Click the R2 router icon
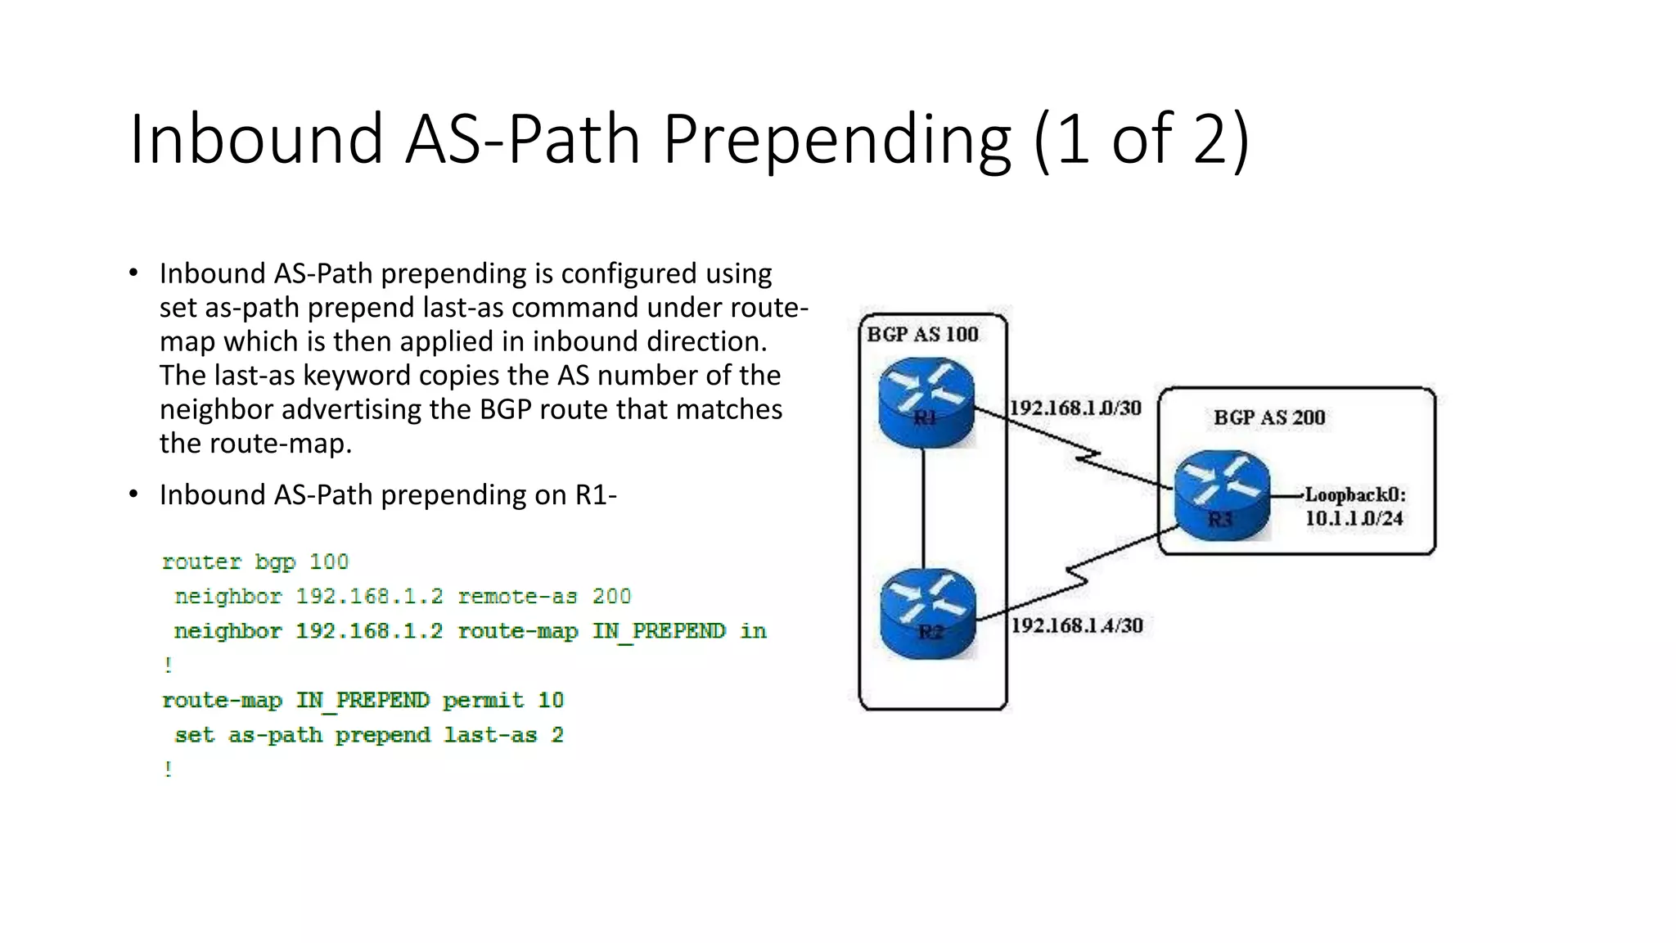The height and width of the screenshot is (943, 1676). tap(928, 614)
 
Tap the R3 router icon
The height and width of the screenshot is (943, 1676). tap(1222, 495)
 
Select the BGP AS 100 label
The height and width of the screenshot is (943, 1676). tap(922, 334)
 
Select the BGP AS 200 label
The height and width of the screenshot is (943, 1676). tap(1269, 417)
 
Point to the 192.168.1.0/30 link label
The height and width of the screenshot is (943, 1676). tap(1075, 408)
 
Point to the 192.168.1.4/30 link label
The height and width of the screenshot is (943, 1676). tap(1077, 625)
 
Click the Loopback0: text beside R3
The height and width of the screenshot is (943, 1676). tap(1355, 494)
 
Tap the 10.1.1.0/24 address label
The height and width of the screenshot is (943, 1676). tap(1354, 518)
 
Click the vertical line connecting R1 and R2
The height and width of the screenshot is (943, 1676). tap(924, 508)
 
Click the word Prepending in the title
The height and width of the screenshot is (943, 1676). tap(836, 139)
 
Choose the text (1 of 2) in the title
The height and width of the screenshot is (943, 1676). tap(1142, 139)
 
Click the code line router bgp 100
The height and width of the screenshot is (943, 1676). tap(255, 562)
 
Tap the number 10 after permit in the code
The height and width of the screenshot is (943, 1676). tap(551, 701)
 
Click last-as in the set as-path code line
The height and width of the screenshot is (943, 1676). tap(490, 735)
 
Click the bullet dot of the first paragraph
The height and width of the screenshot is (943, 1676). tap(133, 273)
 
